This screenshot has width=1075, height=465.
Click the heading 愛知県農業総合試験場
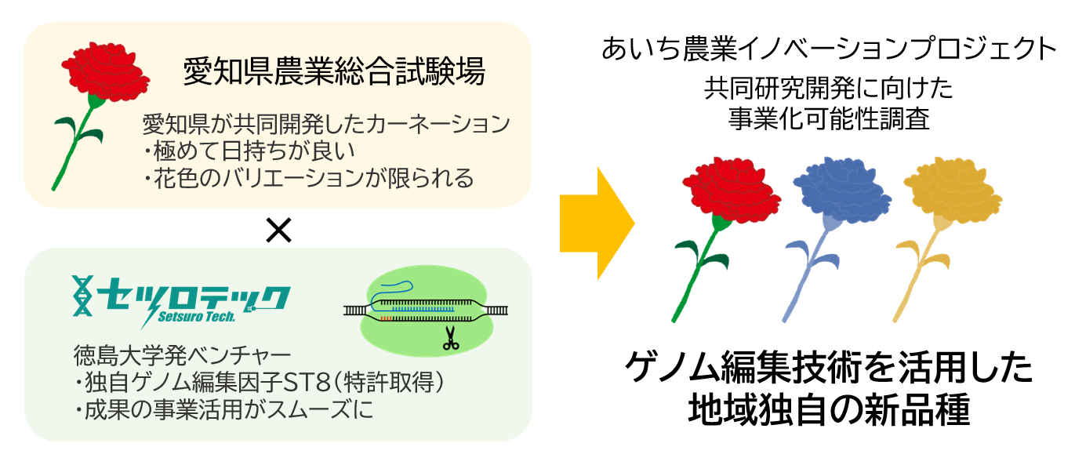coord(334,72)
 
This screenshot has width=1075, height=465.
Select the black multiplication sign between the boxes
coord(278,229)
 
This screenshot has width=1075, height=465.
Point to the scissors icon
coord(449,338)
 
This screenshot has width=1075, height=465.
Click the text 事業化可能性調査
coord(830,118)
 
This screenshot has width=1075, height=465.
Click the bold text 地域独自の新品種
coord(830,409)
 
